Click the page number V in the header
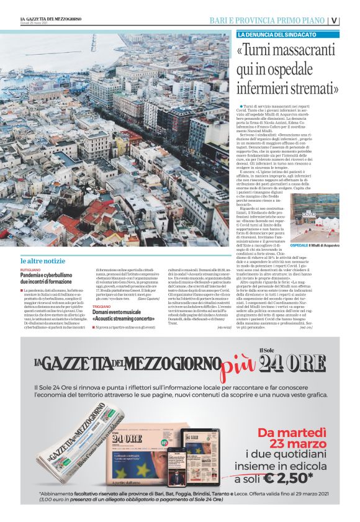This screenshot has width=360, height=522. coord(335,19)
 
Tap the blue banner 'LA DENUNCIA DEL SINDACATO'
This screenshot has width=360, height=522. coord(277,34)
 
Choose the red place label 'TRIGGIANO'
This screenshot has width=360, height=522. coord(102,307)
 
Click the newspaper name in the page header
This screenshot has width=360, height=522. coord(50,19)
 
